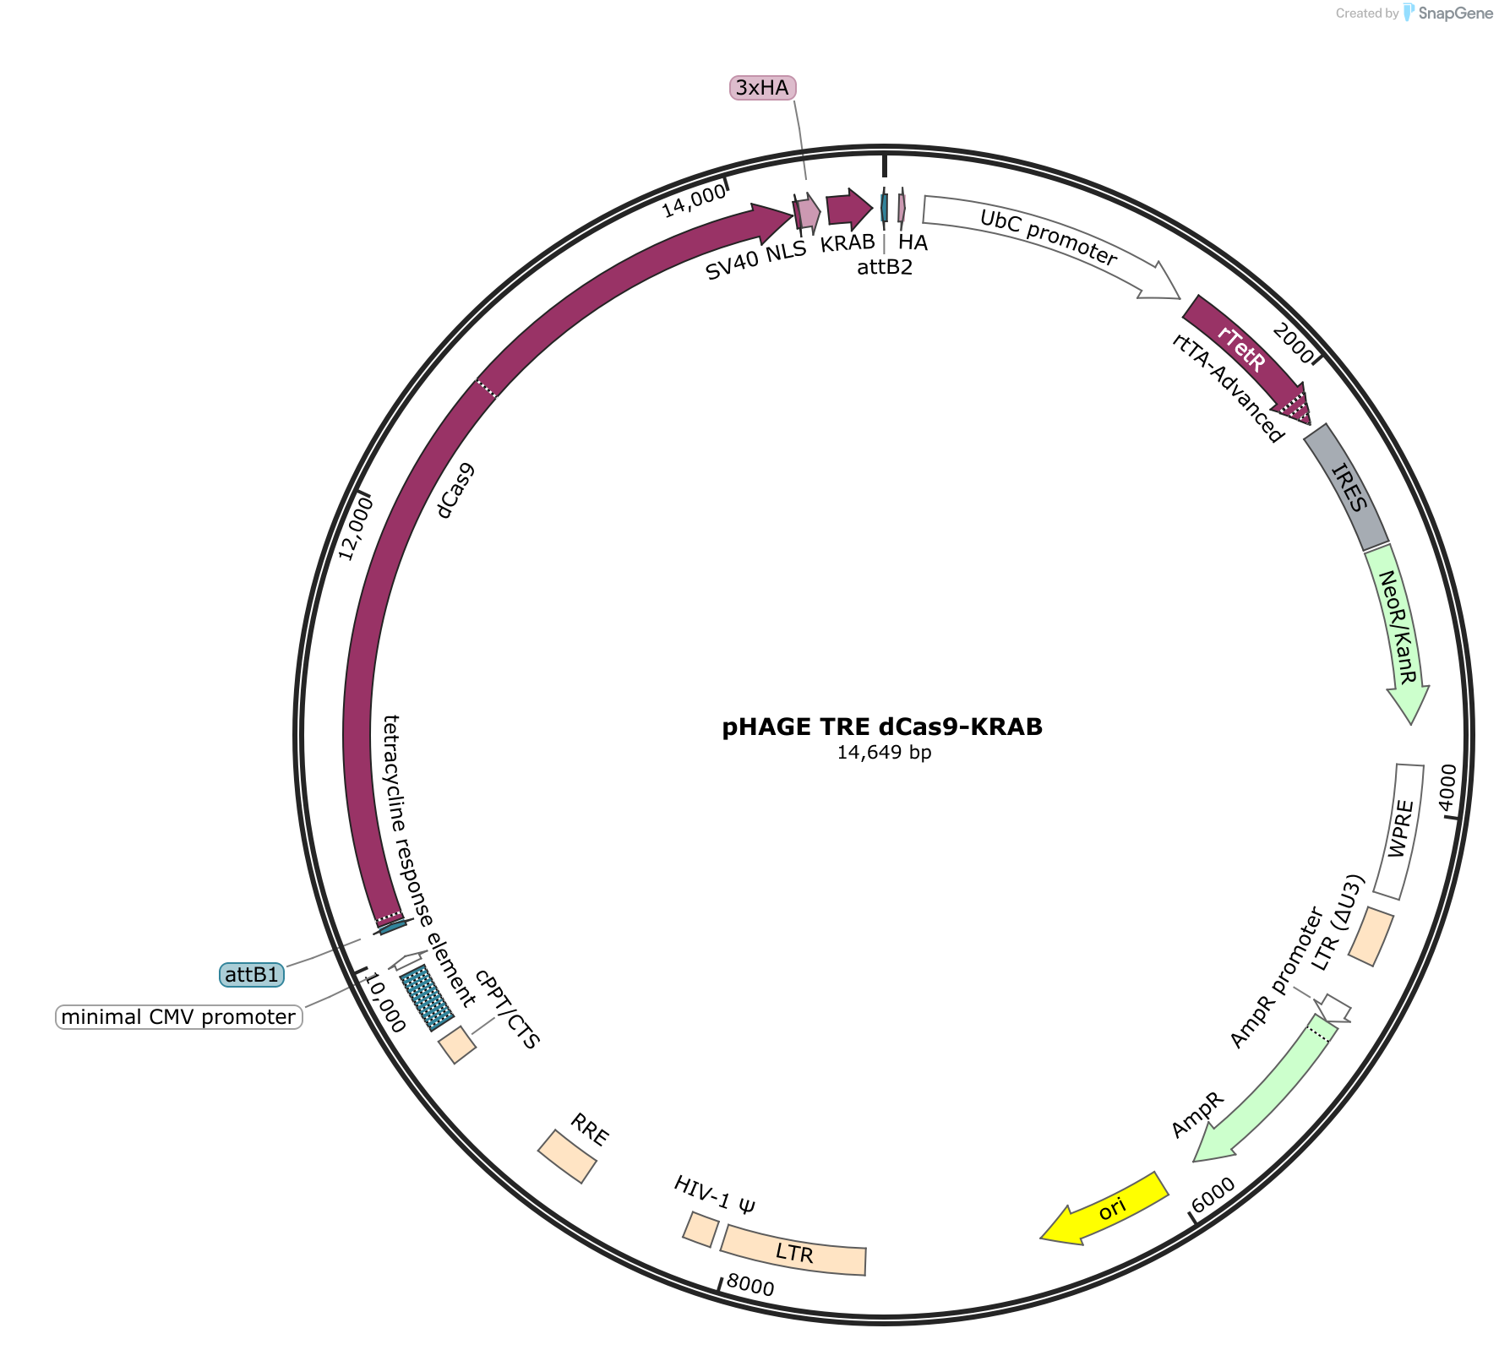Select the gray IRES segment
[x=1347, y=487]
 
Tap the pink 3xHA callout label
[x=762, y=87]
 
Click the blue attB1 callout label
[x=252, y=975]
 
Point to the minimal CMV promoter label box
[x=179, y=1016]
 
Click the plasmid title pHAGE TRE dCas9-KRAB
[x=882, y=727]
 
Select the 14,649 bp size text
[x=884, y=752]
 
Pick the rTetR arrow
[x=1246, y=359]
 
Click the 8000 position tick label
[x=750, y=1287]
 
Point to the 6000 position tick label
[x=1213, y=1194]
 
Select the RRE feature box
[x=568, y=1157]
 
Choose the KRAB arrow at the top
[x=848, y=208]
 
